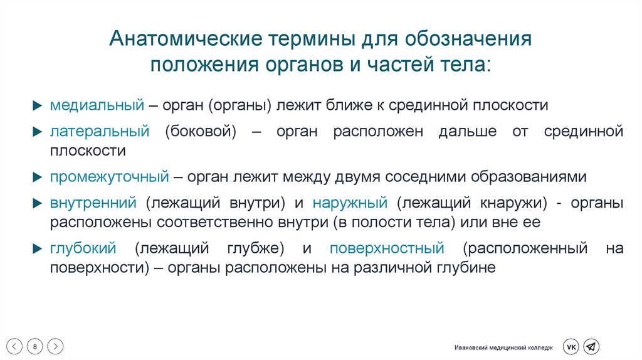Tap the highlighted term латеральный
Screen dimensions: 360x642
tap(100, 131)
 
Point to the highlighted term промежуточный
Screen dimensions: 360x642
tap(109, 176)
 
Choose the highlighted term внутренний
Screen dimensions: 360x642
tap(93, 203)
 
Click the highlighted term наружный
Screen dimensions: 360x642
tap(351, 203)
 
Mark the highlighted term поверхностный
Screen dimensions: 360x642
tap(387, 248)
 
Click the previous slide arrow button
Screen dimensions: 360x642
tap(16, 346)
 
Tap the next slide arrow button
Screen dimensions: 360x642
tap(55, 346)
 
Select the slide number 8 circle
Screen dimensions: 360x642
tap(35, 346)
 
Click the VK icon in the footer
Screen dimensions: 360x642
tap(571, 347)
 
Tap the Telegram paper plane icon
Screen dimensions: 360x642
tap(591, 347)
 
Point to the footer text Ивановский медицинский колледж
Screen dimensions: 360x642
tap(504, 347)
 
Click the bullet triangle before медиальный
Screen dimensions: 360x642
tap(38, 105)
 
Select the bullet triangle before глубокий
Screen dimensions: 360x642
tap(38, 248)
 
